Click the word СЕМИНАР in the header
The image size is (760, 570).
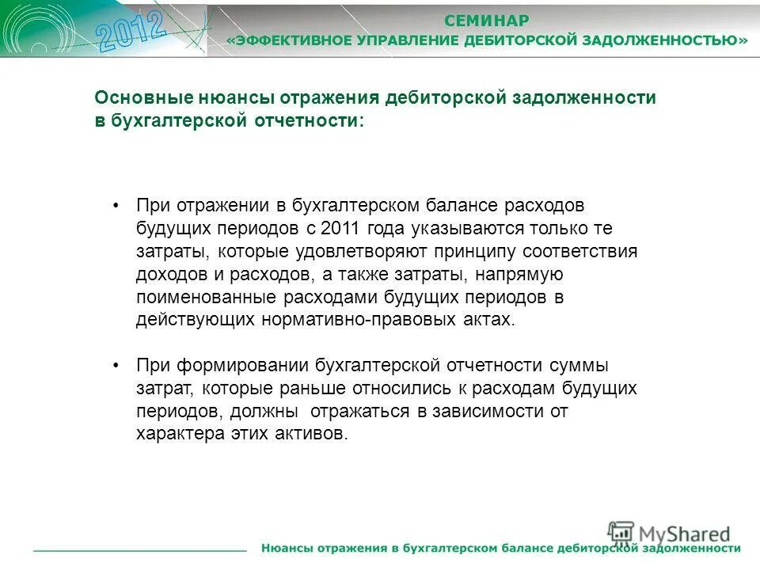coord(487,20)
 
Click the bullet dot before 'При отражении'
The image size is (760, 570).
coord(116,206)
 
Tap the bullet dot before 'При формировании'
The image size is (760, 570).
coord(116,366)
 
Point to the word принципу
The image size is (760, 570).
coord(474,252)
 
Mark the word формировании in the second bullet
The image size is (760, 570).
coord(239,366)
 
